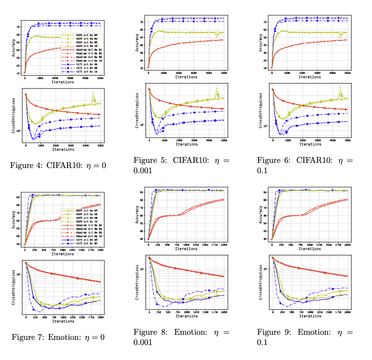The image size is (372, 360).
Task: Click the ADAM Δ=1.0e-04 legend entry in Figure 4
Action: tap(82, 34)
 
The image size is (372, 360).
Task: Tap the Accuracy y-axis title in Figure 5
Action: tap(136, 43)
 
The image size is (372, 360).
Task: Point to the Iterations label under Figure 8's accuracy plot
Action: tap(186, 248)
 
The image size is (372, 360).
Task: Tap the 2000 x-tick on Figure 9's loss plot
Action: tap(347, 312)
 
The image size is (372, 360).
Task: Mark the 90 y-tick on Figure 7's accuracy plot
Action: tap(18, 197)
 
